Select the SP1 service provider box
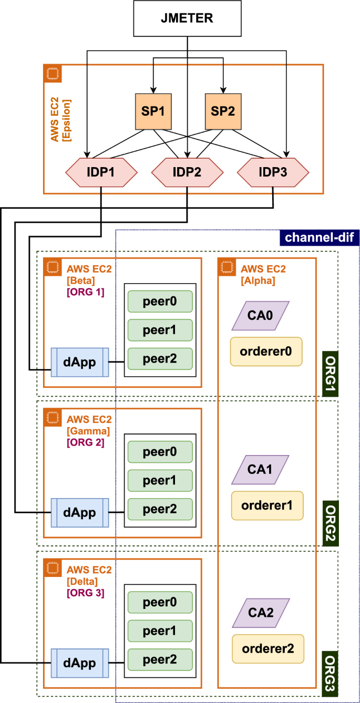[153, 112]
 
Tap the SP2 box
[223, 112]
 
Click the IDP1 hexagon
[101, 172]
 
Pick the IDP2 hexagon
[187, 172]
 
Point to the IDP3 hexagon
[273, 172]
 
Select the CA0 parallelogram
[261, 316]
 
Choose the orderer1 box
[267, 505]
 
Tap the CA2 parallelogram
[261, 613]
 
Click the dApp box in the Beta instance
[80, 362]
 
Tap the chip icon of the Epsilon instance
[53, 74]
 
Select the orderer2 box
[268, 648]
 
